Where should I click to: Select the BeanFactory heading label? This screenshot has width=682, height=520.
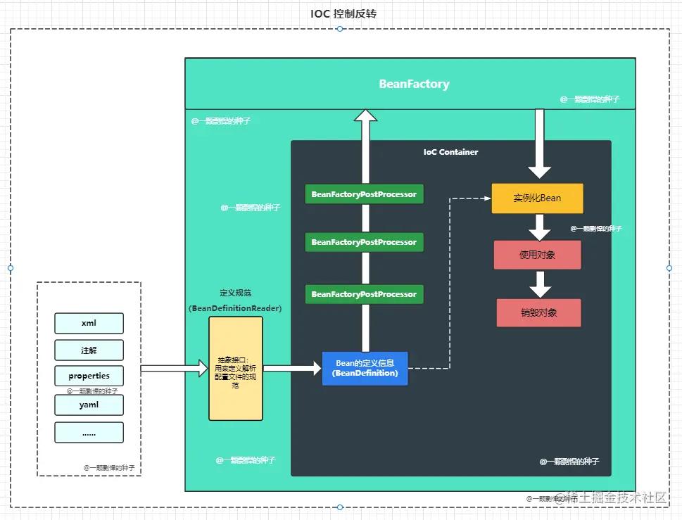[414, 84]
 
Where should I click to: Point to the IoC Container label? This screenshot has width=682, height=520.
[450, 152]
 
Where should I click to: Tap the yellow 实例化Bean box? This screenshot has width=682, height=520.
[537, 198]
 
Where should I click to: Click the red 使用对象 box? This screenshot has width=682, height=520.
[538, 255]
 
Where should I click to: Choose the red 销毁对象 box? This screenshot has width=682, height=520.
[538, 312]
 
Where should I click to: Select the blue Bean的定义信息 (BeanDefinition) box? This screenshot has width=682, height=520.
[365, 368]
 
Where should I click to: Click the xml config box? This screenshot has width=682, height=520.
[89, 323]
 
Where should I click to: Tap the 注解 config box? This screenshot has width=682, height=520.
[89, 350]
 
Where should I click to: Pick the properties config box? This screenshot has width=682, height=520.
[89, 376]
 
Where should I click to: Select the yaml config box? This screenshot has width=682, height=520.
[89, 405]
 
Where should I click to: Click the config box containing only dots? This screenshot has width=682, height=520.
[89, 433]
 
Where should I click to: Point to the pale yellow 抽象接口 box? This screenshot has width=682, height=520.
[235, 368]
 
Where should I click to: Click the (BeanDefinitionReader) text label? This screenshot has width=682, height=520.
[235, 308]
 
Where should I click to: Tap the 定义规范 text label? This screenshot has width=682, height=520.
[235, 293]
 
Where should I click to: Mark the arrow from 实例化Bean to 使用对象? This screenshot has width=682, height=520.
[539, 227]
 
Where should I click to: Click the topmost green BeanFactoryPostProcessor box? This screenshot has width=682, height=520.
[364, 194]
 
